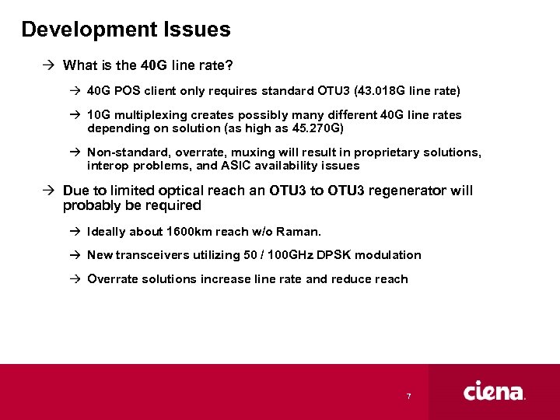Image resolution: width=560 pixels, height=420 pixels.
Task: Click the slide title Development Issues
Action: tap(126, 30)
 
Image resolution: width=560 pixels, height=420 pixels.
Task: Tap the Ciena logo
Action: tap(495, 391)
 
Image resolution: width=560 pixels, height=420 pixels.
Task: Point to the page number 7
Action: tap(408, 397)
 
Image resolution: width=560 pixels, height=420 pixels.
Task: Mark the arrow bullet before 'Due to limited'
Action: tap(49, 191)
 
